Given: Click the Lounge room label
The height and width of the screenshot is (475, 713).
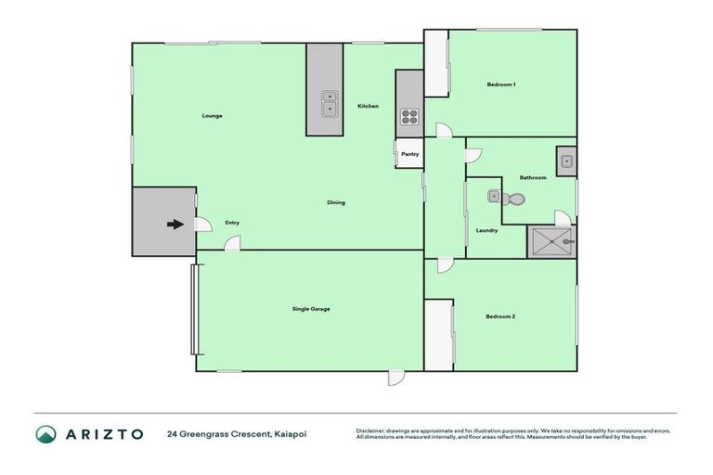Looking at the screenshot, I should pyautogui.click(x=213, y=116).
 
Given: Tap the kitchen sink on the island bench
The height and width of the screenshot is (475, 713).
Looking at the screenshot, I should pyautogui.click(x=329, y=105).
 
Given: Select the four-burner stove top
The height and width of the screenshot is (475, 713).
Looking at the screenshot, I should pyautogui.click(x=409, y=117).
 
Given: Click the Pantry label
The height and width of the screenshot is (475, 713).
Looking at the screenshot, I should pyautogui.click(x=409, y=154).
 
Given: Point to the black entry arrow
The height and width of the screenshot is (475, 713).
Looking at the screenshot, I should pyautogui.click(x=174, y=224).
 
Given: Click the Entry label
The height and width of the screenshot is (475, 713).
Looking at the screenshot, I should pyautogui.click(x=232, y=223).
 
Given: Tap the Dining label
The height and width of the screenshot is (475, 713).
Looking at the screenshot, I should pyautogui.click(x=336, y=202).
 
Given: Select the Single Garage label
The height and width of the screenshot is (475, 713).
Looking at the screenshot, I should pyautogui.click(x=311, y=309).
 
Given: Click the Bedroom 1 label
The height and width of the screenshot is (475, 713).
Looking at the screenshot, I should pyautogui.click(x=501, y=85).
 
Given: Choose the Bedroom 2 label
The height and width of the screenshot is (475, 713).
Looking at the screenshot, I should pyautogui.click(x=500, y=316).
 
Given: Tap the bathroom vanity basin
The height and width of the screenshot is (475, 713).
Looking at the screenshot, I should pyautogui.click(x=565, y=160).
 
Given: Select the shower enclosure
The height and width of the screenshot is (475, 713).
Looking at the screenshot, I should pyautogui.click(x=551, y=241).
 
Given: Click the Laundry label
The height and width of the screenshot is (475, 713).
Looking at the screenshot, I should pyautogui.click(x=486, y=230).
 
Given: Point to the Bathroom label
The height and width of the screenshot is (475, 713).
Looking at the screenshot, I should pyautogui.click(x=533, y=177).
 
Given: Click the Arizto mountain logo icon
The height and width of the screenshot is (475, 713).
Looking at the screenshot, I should pyautogui.click(x=45, y=434).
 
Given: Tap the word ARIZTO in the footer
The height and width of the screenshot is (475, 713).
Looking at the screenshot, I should pyautogui.click(x=103, y=434).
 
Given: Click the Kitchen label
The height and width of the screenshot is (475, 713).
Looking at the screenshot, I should pyautogui.click(x=369, y=106).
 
